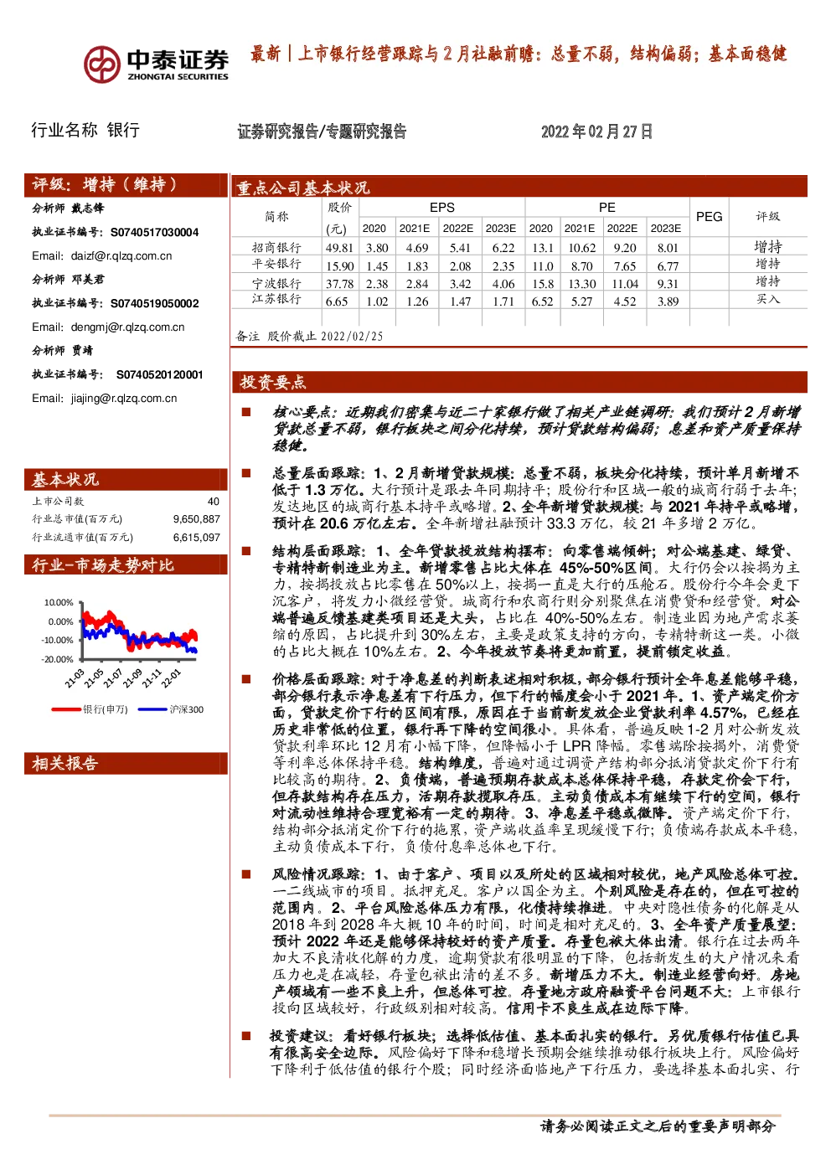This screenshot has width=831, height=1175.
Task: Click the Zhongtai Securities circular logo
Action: point(101,64)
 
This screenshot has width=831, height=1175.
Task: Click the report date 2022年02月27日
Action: point(596,131)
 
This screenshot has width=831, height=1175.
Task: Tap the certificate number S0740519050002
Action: point(154,304)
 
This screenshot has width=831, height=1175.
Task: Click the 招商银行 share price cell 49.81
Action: point(339,248)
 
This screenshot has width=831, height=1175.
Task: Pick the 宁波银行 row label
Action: point(276,284)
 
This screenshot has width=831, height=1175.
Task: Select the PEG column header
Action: point(709,217)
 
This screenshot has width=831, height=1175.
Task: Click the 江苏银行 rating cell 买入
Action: point(767,299)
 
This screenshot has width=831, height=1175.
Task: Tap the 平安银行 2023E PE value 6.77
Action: point(668,266)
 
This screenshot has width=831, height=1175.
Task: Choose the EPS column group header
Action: point(441,208)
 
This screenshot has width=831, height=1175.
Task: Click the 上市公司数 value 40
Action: point(214,502)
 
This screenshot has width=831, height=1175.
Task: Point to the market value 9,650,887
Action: point(196,519)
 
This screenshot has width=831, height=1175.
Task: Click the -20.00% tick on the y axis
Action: point(58,659)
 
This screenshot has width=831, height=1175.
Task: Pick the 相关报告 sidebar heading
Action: point(65,763)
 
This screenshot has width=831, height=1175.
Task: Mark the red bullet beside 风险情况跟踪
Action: point(245,874)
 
